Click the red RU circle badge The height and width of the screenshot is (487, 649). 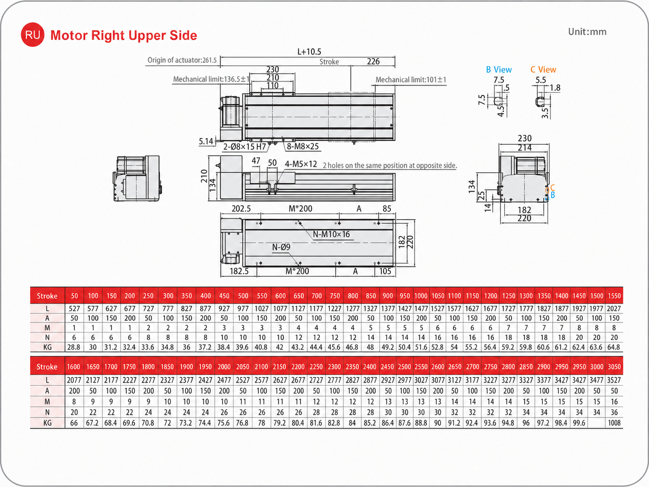[x=33, y=35]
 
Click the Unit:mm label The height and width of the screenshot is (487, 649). [x=587, y=32]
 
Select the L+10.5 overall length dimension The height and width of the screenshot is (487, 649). [x=309, y=52]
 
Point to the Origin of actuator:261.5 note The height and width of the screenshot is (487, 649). [x=182, y=60]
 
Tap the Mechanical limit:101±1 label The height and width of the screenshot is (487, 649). [x=411, y=79]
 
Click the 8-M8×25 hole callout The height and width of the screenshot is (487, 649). [x=303, y=146]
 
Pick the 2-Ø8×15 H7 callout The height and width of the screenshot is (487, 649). [x=245, y=147]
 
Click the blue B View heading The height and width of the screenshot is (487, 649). [x=499, y=70]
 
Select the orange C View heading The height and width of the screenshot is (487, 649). [x=543, y=70]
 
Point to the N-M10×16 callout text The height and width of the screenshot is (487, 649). [x=331, y=235]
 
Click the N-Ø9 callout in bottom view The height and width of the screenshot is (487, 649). [x=281, y=247]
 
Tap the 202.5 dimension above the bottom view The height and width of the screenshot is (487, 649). [x=241, y=209]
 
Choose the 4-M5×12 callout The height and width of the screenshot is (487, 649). [x=301, y=164]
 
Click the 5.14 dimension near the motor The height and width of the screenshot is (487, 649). [x=206, y=141]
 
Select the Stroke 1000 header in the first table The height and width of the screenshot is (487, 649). [x=421, y=296]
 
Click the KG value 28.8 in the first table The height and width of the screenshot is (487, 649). [x=74, y=347]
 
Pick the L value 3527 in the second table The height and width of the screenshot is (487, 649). [x=614, y=380]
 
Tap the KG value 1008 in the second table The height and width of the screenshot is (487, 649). [x=614, y=423]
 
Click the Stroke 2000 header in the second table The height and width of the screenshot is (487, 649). [x=224, y=367]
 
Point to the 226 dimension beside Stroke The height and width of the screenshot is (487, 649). [x=373, y=61]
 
